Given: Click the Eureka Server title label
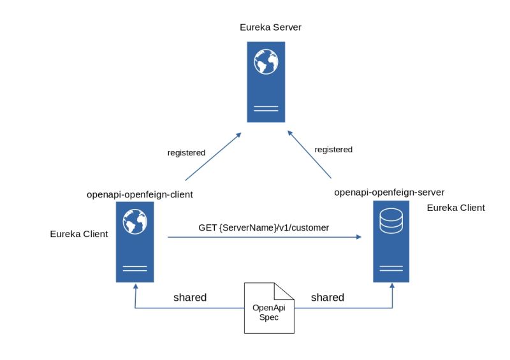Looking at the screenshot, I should (x=270, y=27).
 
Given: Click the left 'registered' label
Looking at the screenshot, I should (x=186, y=153).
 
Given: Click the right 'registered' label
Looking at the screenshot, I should (x=333, y=150).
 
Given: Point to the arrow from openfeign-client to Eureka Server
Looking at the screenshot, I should (x=213, y=157).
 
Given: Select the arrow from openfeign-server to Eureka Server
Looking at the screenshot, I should (x=310, y=155).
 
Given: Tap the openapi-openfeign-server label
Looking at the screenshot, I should (x=389, y=192).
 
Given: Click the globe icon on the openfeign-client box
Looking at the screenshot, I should (x=135, y=222).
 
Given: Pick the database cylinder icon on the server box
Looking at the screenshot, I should (x=391, y=221).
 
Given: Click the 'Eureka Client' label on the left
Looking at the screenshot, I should (x=79, y=234).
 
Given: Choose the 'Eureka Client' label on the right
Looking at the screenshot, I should (x=456, y=208).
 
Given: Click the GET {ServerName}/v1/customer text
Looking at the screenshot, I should (x=263, y=227).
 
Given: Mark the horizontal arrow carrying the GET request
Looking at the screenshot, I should (x=264, y=237).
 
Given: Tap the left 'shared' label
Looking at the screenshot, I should (x=190, y=298).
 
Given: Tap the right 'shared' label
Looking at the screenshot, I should (x=327, y=298).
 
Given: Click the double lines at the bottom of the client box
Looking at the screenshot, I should (x=135, y=268).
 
